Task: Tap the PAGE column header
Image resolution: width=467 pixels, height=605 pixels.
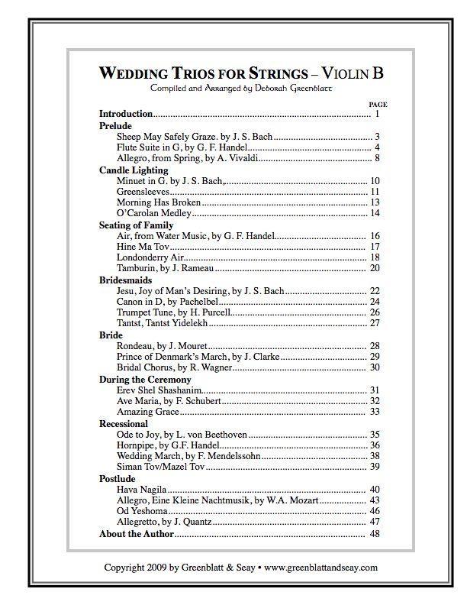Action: (378, 103)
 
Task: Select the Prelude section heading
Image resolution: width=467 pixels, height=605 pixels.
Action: (115, 125)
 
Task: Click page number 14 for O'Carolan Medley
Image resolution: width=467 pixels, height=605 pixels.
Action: (375, 213)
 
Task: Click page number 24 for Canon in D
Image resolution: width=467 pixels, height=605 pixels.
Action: (375, 302)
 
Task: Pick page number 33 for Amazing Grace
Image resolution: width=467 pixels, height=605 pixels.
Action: (375, 412)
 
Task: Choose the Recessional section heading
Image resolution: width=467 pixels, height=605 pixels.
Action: (124, 423)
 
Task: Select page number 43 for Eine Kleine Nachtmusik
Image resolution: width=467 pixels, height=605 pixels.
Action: (375, 500)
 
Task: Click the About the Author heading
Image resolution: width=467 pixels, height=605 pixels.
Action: (137, 534)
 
